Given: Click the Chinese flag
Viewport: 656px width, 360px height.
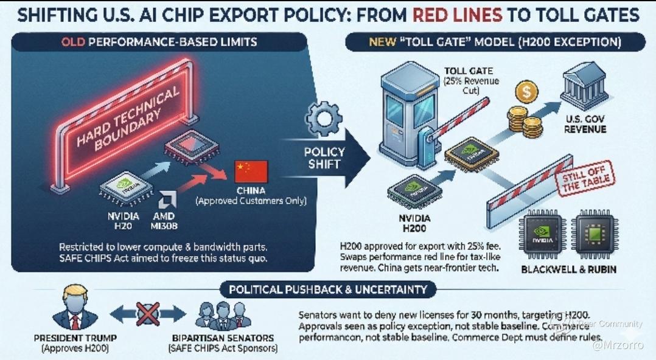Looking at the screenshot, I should pos(251,172).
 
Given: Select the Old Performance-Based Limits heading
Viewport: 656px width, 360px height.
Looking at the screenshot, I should pos(159,43).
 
